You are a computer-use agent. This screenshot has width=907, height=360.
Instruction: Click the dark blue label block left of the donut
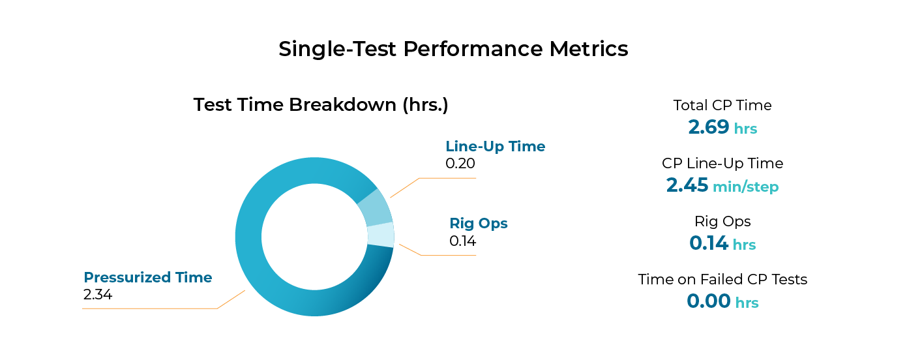[x=156, y=280]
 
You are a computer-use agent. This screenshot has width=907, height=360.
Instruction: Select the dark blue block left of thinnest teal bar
[x=711, y=244]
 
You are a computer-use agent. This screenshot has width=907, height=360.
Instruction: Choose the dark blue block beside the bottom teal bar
[x=711, y=305]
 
